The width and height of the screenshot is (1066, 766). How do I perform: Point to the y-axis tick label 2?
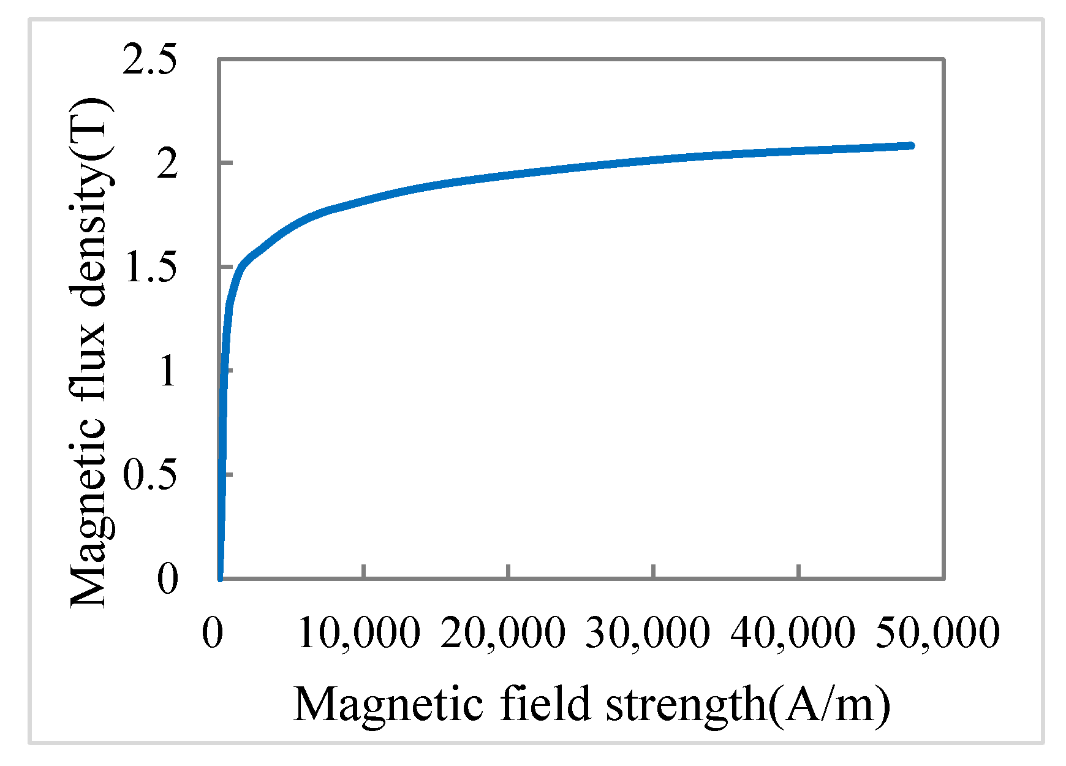[167, 164]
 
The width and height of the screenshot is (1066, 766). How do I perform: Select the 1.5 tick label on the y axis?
[150, 267]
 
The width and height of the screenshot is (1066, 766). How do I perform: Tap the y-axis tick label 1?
[167, 371]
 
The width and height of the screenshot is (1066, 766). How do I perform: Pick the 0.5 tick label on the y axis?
[150, 475]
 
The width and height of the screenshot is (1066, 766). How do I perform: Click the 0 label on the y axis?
[167, 578]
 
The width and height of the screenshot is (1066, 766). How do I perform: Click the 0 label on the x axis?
[212, 632]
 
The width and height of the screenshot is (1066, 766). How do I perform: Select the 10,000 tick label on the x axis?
[359, 632]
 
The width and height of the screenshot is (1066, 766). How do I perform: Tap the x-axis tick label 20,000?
[503, 632]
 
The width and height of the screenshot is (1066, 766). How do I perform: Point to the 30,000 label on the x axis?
[648, 632]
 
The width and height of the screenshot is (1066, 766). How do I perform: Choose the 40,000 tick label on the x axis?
[792, 632]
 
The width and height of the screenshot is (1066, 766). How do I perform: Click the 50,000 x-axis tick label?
[937, 632]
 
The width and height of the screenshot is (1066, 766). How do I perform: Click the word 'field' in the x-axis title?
[545, 703]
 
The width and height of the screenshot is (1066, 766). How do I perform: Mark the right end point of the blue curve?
[911, 146]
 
